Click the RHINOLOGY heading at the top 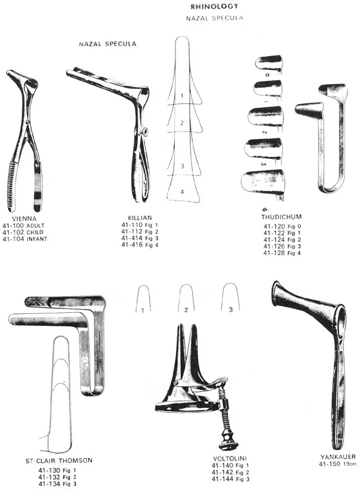[214, 6]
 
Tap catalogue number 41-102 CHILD [24, 232]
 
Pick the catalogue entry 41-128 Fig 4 [281, 253]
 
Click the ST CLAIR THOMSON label [59, 460]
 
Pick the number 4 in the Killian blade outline [182, 192]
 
